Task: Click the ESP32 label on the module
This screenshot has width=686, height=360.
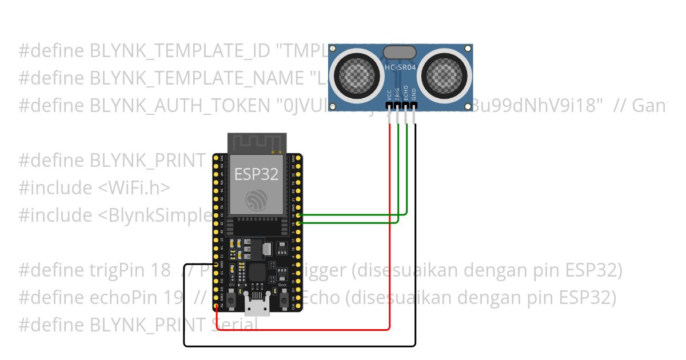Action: point(257,174)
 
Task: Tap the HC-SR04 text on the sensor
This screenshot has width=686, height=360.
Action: point(400,67)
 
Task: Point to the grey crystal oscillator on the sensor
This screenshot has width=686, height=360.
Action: point(400,52)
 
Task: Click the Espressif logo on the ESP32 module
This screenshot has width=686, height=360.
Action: point(257,199)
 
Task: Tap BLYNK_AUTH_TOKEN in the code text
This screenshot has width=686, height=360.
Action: point(180,106)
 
